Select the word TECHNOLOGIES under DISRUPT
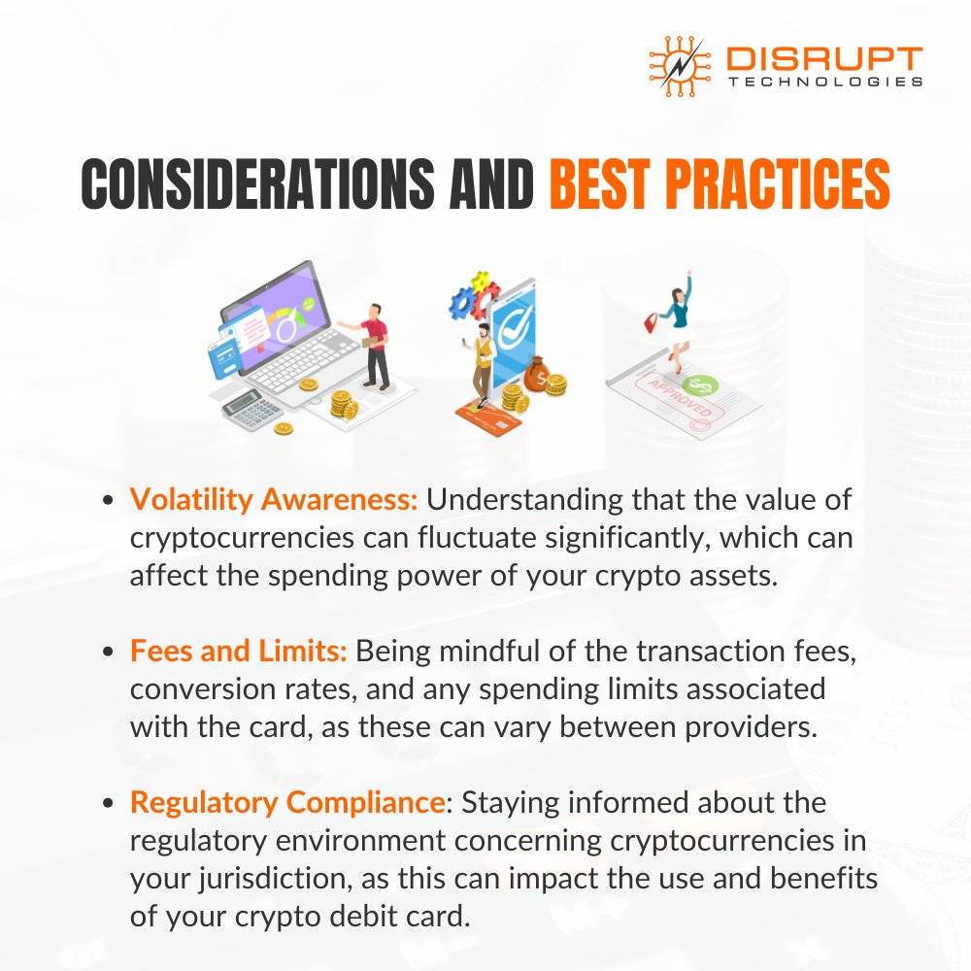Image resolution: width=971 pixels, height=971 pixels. pos(824,84)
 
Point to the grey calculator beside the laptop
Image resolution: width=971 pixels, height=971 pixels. pos(250,410)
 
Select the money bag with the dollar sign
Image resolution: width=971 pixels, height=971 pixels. pos(536,370)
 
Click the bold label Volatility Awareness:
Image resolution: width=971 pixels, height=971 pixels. pos(274,501)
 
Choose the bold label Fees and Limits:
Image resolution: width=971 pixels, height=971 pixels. pos(239,653)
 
